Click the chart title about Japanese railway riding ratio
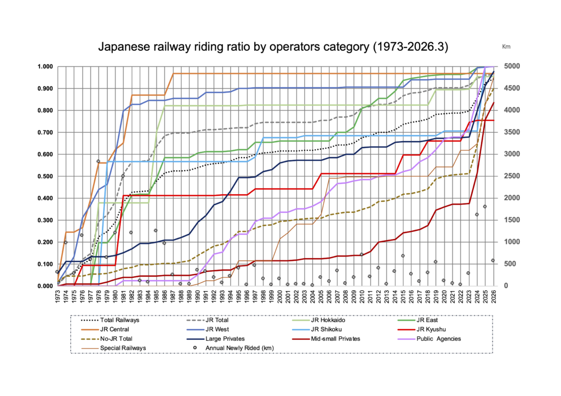(x=273, y=47)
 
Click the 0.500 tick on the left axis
(x=44, y=176)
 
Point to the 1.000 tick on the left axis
(x=44, y=67)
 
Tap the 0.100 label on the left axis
(x=44, y=264)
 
